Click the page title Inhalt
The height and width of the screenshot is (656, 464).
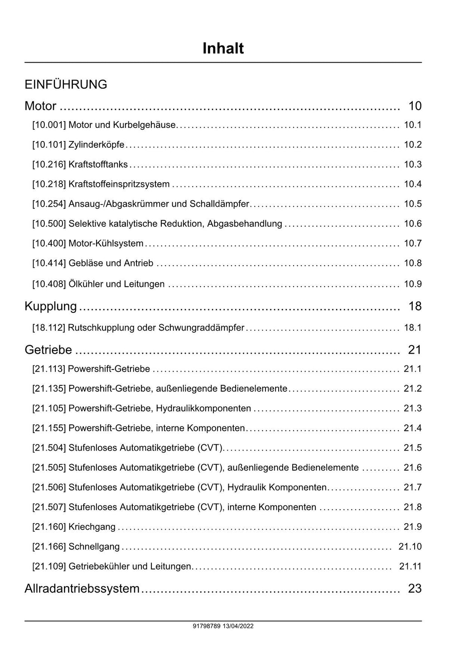pyautogui.click(x=223, y=49)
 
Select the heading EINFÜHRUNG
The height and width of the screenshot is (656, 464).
pyautogui.click(x=66, y=84)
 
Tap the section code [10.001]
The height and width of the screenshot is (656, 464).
pyautogui.click(x=49, y=125)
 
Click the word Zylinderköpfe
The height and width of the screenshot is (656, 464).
pyautogui.click(x=96, y=145)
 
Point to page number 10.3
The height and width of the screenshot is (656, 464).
pyautogui.click(x=412, y=165)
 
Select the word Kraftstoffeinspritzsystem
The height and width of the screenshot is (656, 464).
pyautogui.click(x=119, y=184)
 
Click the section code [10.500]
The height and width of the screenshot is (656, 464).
pyautogui.click(x=49, y=224)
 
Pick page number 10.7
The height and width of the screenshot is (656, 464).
pyautogui.click(x=412, y=243)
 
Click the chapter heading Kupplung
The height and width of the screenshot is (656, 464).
pyautogui.click(x=51, y=306)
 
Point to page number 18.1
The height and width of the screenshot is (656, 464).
pyautogui.click(x=412, y=327)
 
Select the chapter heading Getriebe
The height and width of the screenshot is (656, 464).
pyautogui.click(x=48, y=350)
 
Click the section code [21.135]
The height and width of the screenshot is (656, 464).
pyautogui.click(x=49, y=389)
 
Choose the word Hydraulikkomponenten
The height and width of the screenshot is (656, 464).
pyautogui.click(x=203, y=408)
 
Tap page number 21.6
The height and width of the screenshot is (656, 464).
pyautogui.click(x=412, y=467)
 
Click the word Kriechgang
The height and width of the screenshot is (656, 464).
pyautogui.click(x=92, y=527)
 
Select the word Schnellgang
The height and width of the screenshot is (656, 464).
pyautogui.click(x=94, y=547)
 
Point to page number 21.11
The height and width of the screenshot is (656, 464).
pyautogui.click(x=410, y=566)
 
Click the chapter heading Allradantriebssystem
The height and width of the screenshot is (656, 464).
pyautogui.click(x=82, y=588)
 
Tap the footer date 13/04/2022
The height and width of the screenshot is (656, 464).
pyautogui.click(x=238, y=626)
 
